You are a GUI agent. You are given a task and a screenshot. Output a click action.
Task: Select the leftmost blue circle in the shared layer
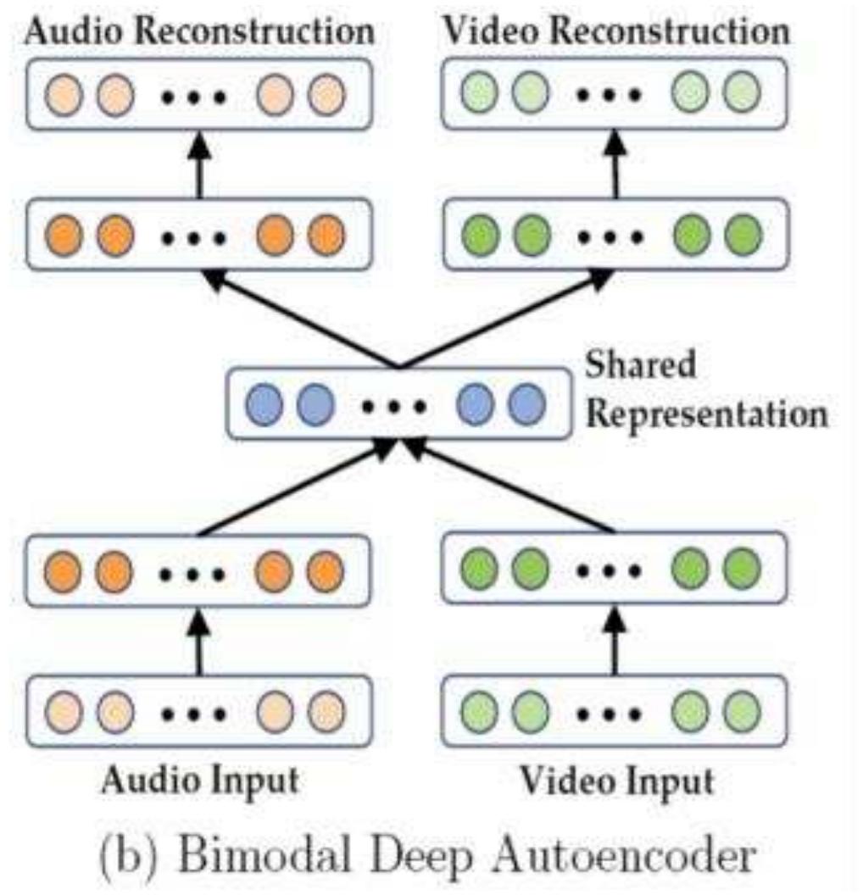(x=261, y=404)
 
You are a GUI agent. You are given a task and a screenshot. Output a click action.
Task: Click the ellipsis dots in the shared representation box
(x=393, y=406)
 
